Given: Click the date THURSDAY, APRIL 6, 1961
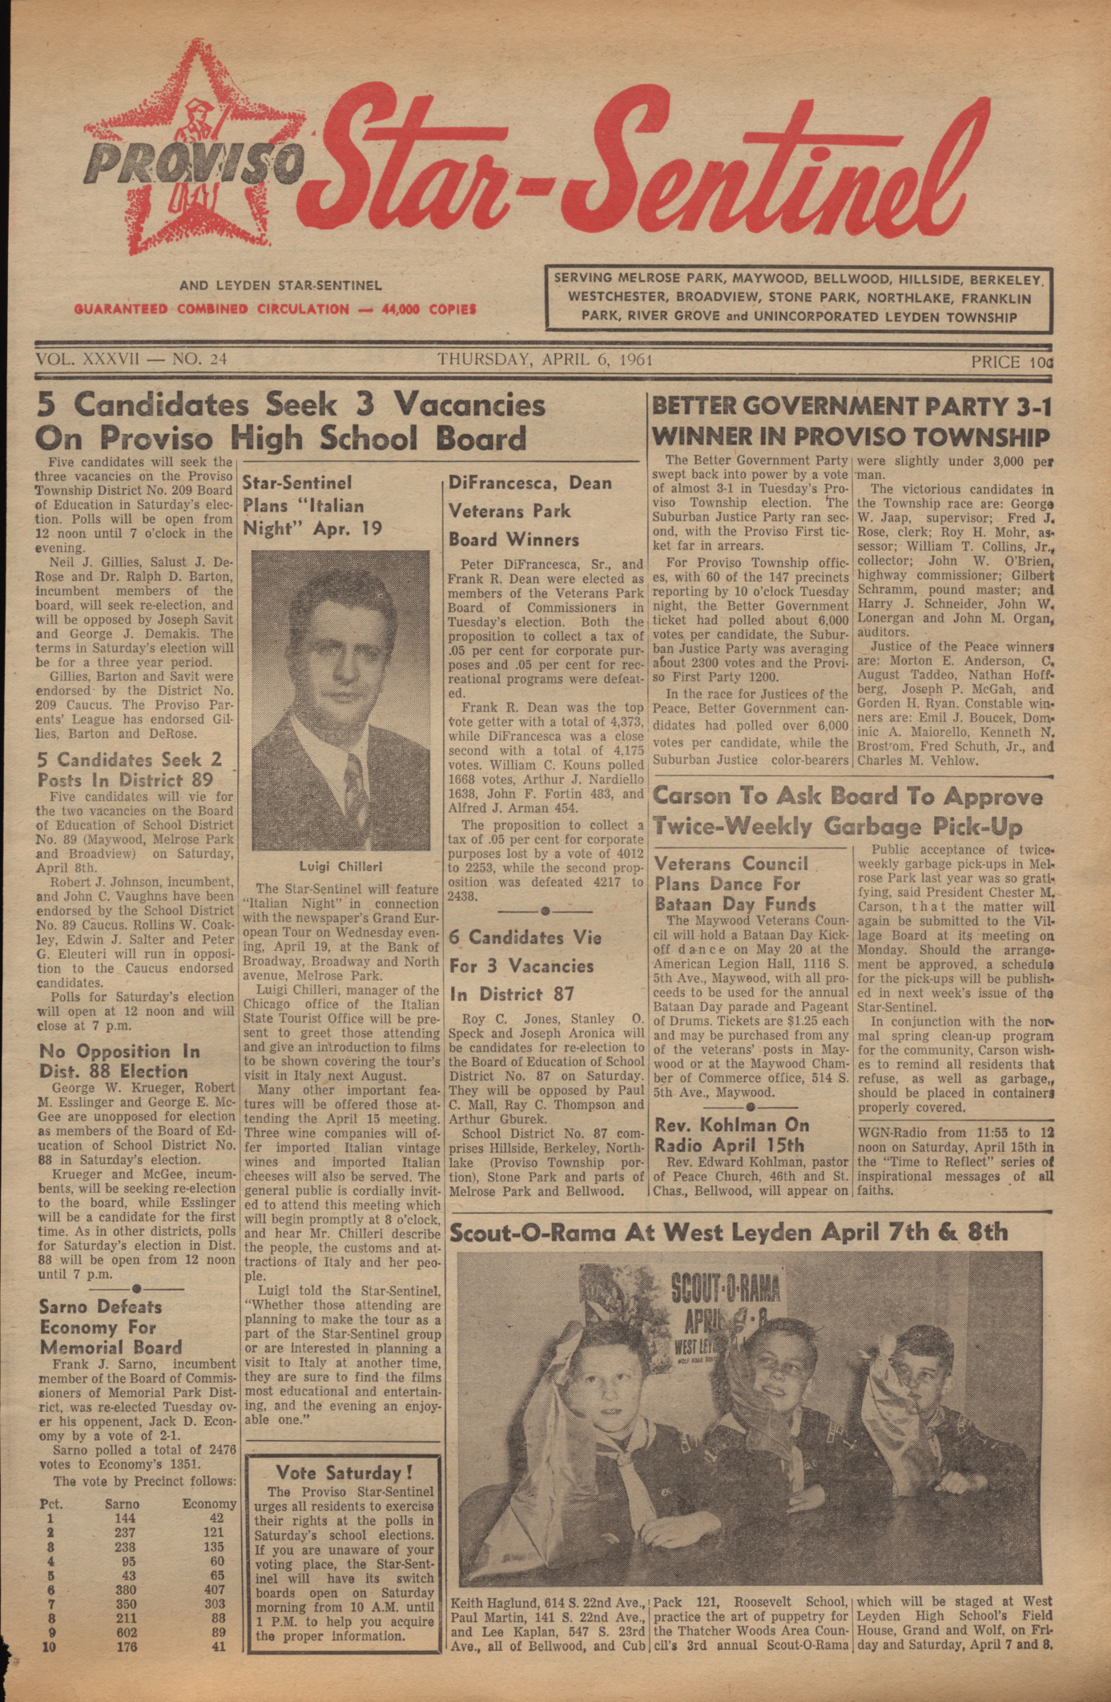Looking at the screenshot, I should [x=545, y=360].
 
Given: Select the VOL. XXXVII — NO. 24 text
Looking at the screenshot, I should [x=131, y=360].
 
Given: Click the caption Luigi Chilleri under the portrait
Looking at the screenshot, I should [x=340, y=866].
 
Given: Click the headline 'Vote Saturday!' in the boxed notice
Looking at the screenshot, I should [x=344, y=1472].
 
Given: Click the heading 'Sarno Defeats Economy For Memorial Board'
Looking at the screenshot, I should [x=111, y=1326].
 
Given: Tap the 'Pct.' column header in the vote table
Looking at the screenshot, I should [x=51, y=1503].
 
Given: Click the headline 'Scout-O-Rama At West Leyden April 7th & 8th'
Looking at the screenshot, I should [x=728, y=1232].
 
